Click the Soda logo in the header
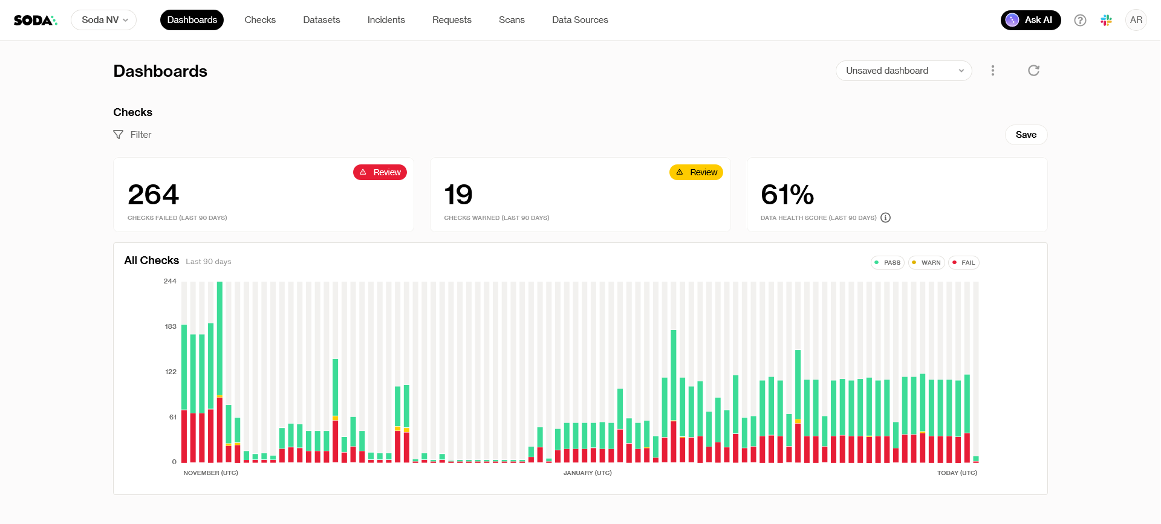pyautogui.click(x=35, y=20)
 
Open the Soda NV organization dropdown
pyautogui.click(x=104, y=20)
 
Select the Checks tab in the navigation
pyautogui.click(x=260, y=20)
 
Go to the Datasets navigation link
pyautogui.click(x=322, y=20)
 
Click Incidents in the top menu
pyautogui.click(x=386, y=20)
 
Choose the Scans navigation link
pyautogui.click(x=512, y=20)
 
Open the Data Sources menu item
pyautogui.click(x=580, y=20)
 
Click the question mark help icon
pyautogui.click(x=1080, y=21)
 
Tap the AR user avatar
pyautogui.click(x=1136, y=20)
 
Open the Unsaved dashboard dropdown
pyautogui.click(x=903, y=71)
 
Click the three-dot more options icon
pyautogui.click(x=993, y=71)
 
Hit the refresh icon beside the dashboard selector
pyautogui.click(x=1034, y=71)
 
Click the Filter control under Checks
pyautogui.click(x=132, y=135)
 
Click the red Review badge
pyautogui.click(x=380, y=172)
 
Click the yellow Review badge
pyautogui.click(x=696, y=172)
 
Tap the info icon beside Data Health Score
pyautogui.click(x=886, y=218)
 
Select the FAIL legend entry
pyautogui.click(x=963, y=263)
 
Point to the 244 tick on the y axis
pyautogui.click(x=170, y=281)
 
